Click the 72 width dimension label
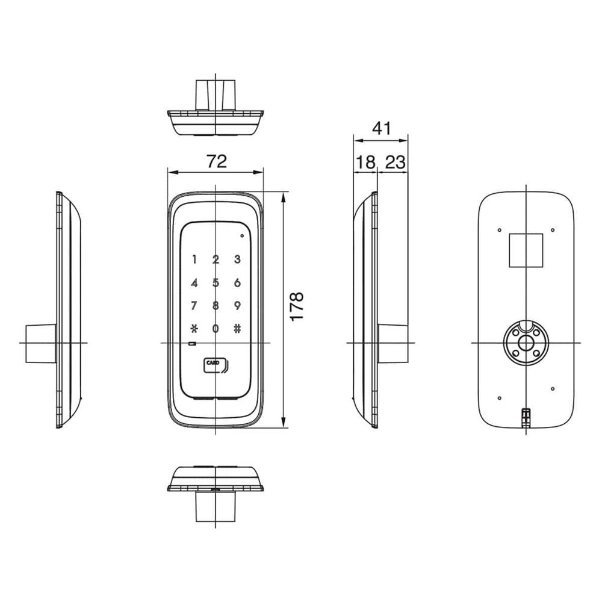tap(217, 161)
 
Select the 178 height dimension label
tap(297, 306)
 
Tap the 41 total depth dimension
tap(382, 128)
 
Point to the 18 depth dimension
tap(365, 163)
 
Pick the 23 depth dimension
tap(395, 163)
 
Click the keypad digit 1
tap(194, 259)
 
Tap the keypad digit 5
tap(216, 283)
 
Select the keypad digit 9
tap(237, 306)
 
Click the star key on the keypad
tap(194, 329)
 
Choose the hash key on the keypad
tap(237, 329)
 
